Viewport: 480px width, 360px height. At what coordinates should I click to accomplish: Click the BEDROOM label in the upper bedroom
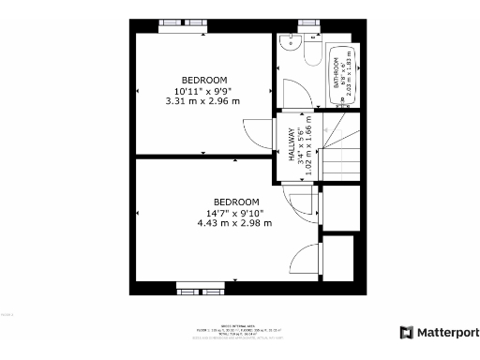coord(203,80)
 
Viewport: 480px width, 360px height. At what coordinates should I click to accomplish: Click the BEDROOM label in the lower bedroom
coord(236,202)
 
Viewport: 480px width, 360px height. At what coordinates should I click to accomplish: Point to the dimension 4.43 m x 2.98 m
coord(234,223)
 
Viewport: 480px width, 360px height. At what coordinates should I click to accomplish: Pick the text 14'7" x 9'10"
coord(234,213)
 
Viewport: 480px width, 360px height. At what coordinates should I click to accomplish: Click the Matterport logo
coord(439,332)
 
